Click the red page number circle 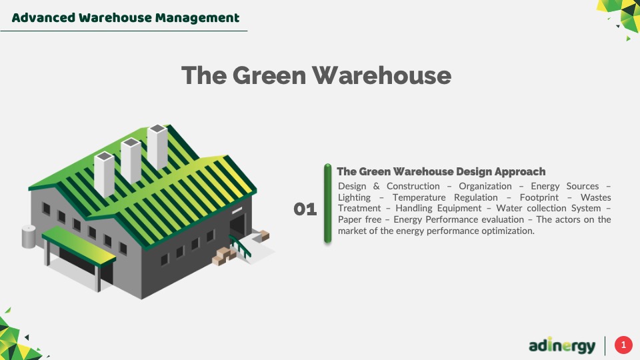[x=623, y=345]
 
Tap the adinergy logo [x=562, y=345]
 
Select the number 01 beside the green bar [x=305, y=209]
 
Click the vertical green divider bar [x=327, y=204]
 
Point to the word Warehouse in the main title [x=381, y=75]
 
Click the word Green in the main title [x=269, y=75]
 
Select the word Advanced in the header [x=44, y=17]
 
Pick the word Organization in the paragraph [x=485, y=186]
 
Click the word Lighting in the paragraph [x=354, y=197]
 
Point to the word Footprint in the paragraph [x=539, y=197]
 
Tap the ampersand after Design [x=376, y=186]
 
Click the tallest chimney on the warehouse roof [x=157, y=147]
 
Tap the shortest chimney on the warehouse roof [x=104, y=174]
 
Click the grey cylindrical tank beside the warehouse [x=29, y=236]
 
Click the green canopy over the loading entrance [x=79, y=245]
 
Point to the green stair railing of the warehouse [x=240, y=246]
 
